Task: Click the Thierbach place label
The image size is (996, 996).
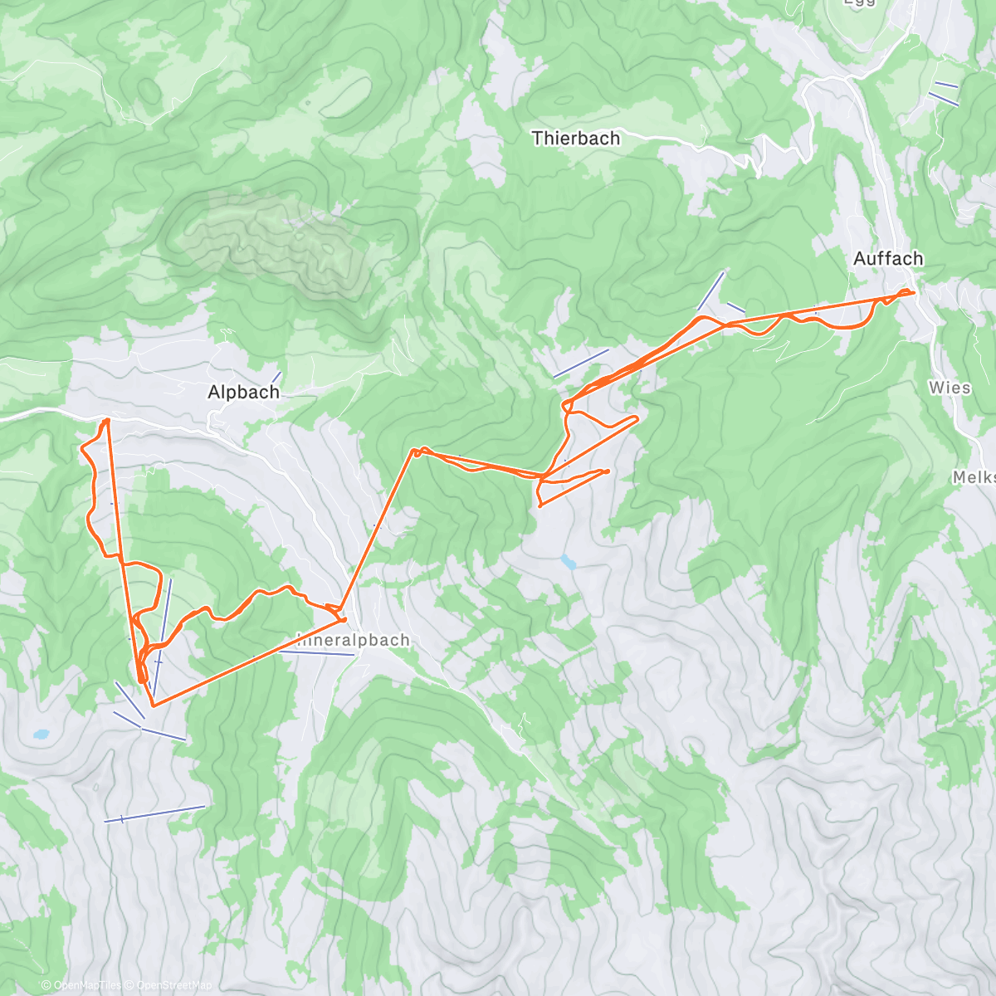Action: pyautogui.click(x=575, y=139)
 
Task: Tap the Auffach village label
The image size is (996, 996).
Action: pyautogui.click(x=888, y=259)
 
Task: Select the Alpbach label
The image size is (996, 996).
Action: pyautogui.click(x=243, y=393)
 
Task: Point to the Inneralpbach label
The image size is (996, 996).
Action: pyautogui.click(x=354, y=641)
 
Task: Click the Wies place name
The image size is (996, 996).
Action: pyautogui.click(x=950, y=388)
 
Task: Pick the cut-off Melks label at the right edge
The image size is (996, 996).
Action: pyautogui.click(x=974, y=477)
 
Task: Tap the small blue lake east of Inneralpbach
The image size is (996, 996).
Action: pyautogui.click(x=569, y=562)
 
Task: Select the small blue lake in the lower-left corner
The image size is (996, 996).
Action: pyautogui.click(x=40, y=735)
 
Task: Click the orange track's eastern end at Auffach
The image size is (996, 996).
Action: pyautogui.click(x=913, y=292)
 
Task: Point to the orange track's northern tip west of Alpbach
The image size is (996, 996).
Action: pyautogui.click(x=106, y=421)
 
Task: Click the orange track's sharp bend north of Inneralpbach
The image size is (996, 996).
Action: pyautogui.click(x=413, y=452)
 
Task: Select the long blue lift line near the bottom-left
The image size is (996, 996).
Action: pyautogui.click(x=154, y=813)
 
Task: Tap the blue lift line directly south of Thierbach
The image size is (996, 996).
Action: pyautogui.click(x=581, y=363)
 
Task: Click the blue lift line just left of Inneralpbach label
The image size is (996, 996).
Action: pyautogui.click(x=315, y=653)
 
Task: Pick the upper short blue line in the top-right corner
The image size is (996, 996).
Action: pyautogui.click(x=946, y=85)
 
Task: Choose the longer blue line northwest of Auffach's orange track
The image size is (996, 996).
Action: pyautogui.click(x=710, y=290)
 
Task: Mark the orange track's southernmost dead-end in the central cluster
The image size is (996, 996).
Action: pyautogui.click(x=540, y=504)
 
